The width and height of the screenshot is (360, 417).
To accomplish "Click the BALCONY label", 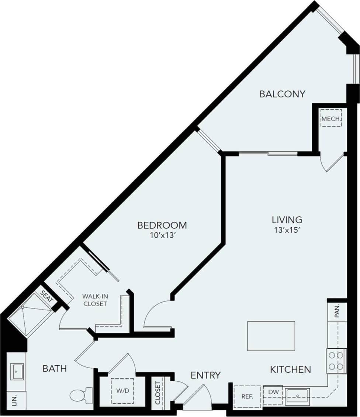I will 282,94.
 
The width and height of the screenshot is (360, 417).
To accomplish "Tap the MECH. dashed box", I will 331,118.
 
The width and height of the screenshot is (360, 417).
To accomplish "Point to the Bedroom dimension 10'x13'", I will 162,235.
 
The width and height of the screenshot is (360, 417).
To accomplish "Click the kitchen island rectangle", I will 271,336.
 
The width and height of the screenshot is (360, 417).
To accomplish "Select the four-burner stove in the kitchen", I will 336,361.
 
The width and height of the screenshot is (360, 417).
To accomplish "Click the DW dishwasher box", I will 273,392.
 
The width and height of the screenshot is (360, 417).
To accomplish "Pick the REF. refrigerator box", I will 247,397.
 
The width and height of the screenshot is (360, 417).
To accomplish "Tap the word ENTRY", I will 205,375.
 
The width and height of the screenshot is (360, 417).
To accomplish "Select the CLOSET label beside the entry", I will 158,393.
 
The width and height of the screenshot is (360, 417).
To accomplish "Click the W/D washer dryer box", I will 122,390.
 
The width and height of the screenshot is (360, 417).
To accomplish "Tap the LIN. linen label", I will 15,401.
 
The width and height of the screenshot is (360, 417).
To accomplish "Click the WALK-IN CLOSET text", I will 95,300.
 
